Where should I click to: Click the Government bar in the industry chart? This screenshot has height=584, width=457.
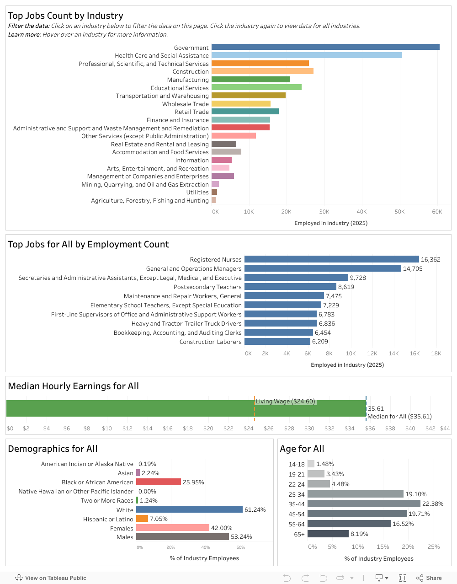[x=325, y=47]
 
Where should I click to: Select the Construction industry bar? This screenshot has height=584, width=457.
[x=262, y=71]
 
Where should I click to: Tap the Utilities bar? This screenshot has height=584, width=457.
[x=214, y=192]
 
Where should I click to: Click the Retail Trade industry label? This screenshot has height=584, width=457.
[x=191, y=112]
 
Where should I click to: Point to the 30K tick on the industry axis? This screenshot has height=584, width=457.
[x=324, y=212]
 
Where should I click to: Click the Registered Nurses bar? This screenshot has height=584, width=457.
[x=331, y=259]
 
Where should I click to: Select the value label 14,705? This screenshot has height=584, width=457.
[x=413, y=269]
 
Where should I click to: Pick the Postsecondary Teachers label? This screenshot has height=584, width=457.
[x=207, y=287]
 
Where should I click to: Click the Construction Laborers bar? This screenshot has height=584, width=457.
[x=277, y=342]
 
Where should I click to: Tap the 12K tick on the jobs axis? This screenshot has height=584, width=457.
[x=372, y=354]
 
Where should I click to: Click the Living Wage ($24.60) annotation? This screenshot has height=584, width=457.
[x=286, y=402]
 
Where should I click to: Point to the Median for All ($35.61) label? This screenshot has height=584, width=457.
[x=399, y=417]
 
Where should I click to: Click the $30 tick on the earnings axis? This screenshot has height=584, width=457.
[x=309, y=429]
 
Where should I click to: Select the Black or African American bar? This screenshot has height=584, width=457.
[x=159, y=482]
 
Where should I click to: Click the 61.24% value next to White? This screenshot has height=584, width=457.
[x=255, y=510]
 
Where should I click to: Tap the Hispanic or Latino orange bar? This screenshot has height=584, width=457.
[x=142, y=519]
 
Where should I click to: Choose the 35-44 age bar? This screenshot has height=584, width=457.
[x=364, y=504]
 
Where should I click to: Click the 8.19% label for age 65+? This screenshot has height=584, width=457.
[x=359, y=534]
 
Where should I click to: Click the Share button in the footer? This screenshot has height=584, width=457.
[x=429, y=578]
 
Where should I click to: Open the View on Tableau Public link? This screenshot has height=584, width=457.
[x=51, y=578]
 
